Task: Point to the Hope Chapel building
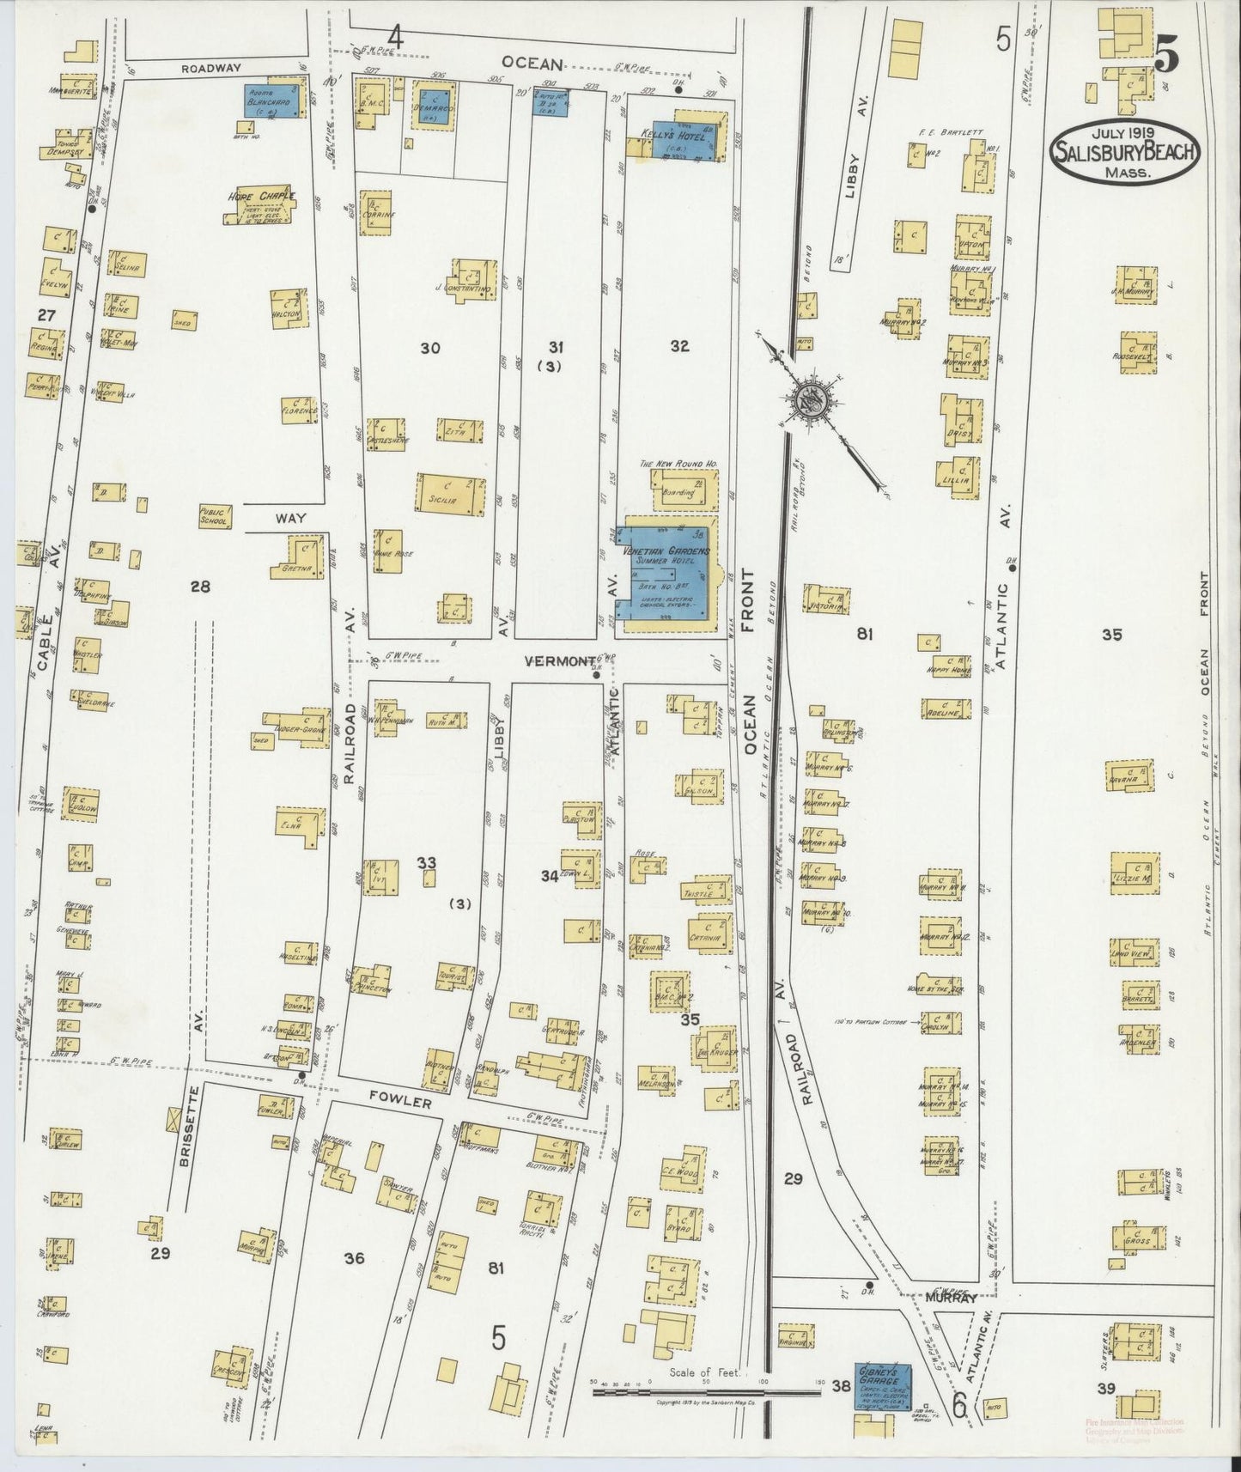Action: click(259, 207)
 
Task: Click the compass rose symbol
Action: click(809, 398)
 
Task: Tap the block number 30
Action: click(430, 348)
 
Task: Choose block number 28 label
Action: click(200, 587)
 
